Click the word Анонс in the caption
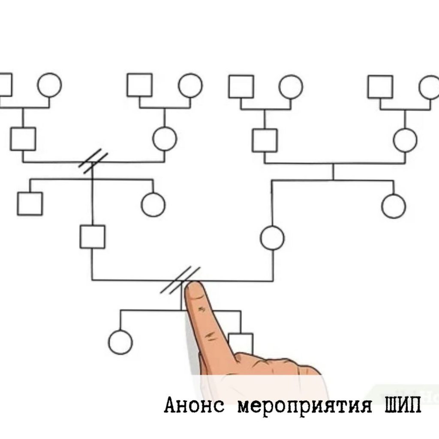(x=194, y=405)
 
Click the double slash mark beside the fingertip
(x=180, y=280)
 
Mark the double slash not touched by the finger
(x=93, y=161)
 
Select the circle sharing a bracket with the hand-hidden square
(x=120, y=342)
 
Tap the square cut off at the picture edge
(x=6, y=85)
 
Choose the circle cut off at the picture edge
(x=429, y=87)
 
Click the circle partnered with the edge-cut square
(x=50, y=85)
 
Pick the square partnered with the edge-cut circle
(x=380, y=87)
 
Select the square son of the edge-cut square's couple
(x=23, y=139)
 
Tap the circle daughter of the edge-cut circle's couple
(x=405, y=140)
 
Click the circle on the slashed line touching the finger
(x=272, y=238)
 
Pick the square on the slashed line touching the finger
(x=93, y=237)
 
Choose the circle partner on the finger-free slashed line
(x=165, y=138)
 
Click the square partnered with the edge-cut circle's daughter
(x=265, y=141)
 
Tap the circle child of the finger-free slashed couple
(x=153, y=204)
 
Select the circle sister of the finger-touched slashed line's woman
(x=394, y=206)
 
